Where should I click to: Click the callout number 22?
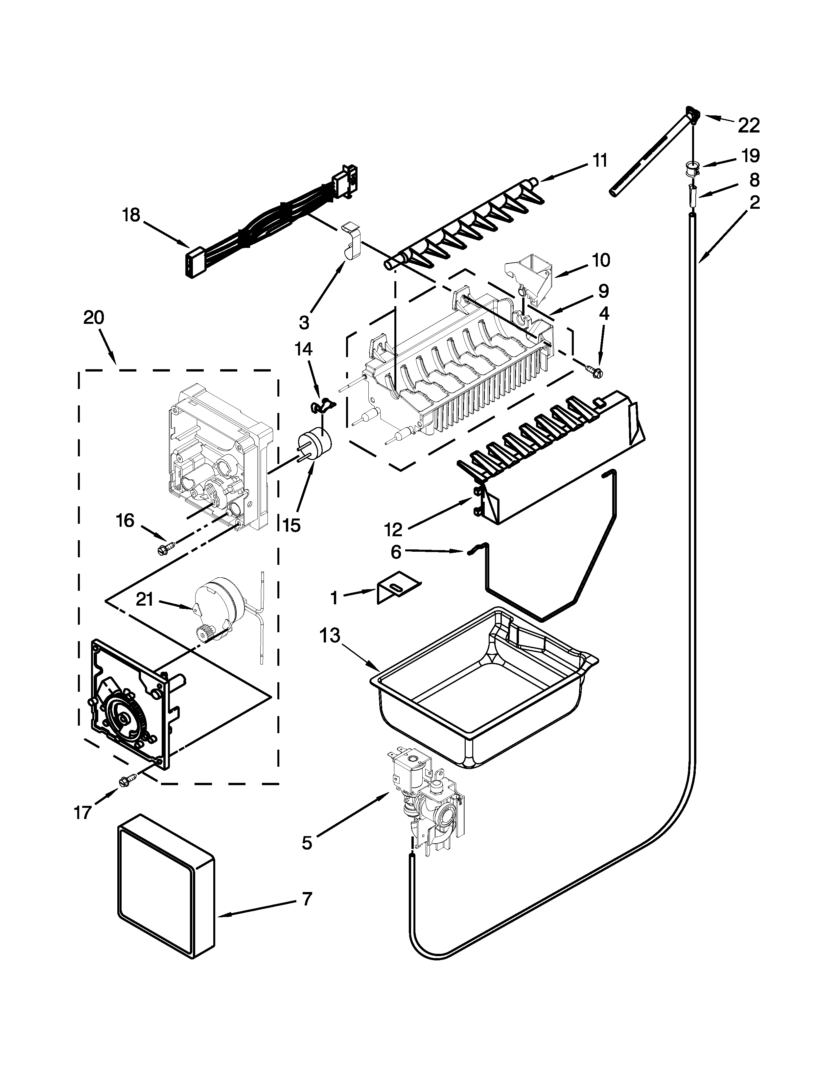[749, 126]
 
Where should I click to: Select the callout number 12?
[393, 530]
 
